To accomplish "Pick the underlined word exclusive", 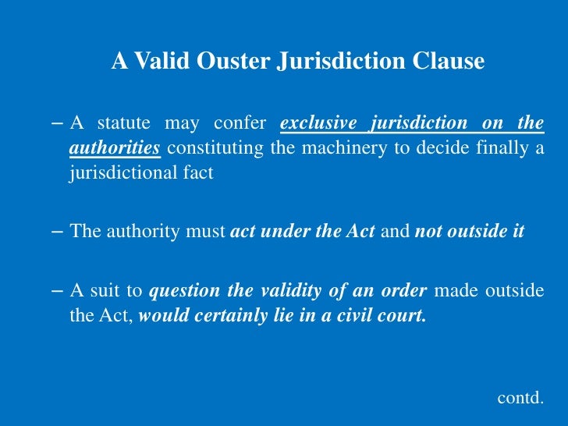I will point(318,123).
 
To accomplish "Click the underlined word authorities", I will point(115,148).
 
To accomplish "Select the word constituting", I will point(215,148).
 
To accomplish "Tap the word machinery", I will point(337,148).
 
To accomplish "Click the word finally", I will point(501,148).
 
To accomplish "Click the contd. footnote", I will point(520,397).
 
